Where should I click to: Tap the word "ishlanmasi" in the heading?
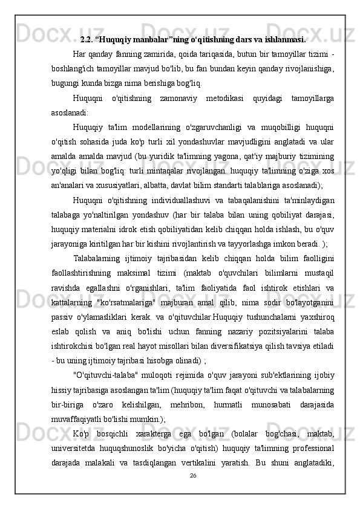coord(283,41)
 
